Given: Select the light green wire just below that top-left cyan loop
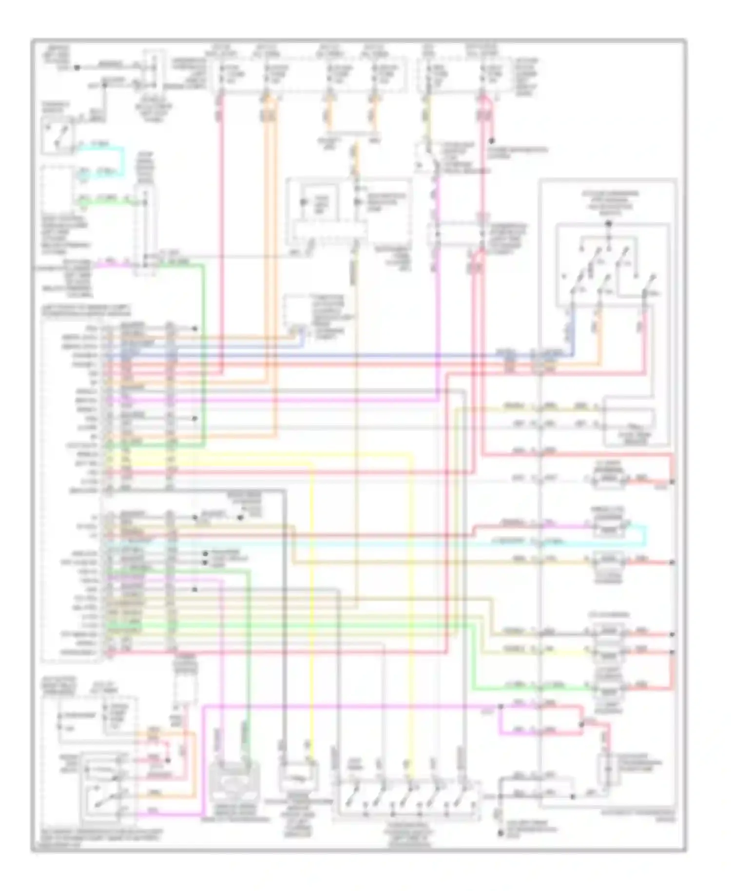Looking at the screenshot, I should point(105,200).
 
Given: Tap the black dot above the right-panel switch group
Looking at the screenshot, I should point(608,224).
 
